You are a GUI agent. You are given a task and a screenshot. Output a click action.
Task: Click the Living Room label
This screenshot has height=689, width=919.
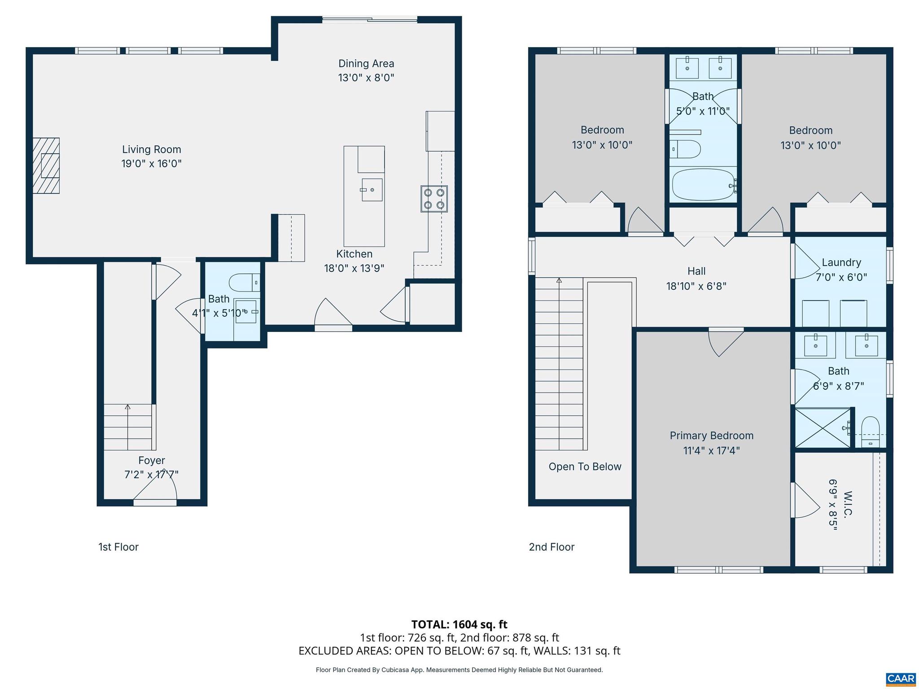pos(151,149)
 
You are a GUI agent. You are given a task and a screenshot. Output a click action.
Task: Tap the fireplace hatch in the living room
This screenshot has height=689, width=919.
pos(46,166)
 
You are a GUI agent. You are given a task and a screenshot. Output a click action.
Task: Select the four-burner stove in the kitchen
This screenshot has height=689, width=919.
pos(434,199)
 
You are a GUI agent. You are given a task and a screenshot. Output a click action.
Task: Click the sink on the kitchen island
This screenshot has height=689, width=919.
pos(372,190)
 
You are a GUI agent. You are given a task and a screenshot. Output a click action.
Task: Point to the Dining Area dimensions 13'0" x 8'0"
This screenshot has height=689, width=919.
pos(366,78)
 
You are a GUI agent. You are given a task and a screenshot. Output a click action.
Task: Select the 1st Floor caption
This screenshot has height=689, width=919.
pos(118,547)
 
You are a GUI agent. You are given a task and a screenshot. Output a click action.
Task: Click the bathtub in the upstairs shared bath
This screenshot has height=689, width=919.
pos(703,185)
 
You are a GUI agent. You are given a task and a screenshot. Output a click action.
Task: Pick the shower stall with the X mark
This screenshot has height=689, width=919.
pos(822,427)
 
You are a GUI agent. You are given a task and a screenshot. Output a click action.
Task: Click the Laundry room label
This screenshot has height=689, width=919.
pos(841,262)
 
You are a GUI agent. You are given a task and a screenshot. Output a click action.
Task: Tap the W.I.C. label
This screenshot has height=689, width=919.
pos(847,505)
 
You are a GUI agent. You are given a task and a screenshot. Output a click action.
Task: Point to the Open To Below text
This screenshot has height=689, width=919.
pos(585,467)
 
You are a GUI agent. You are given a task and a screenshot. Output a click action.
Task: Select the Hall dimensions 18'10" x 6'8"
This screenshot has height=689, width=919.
pos(696,286)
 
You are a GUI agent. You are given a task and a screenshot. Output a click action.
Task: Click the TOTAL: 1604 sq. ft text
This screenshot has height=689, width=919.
pos(459,624)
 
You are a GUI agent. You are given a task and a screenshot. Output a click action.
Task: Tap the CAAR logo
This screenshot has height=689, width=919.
pos(900,679)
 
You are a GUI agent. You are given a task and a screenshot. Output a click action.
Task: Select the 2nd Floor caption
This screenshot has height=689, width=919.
pos(551,547)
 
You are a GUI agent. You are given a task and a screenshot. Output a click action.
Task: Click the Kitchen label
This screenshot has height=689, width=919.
pos(354,254)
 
